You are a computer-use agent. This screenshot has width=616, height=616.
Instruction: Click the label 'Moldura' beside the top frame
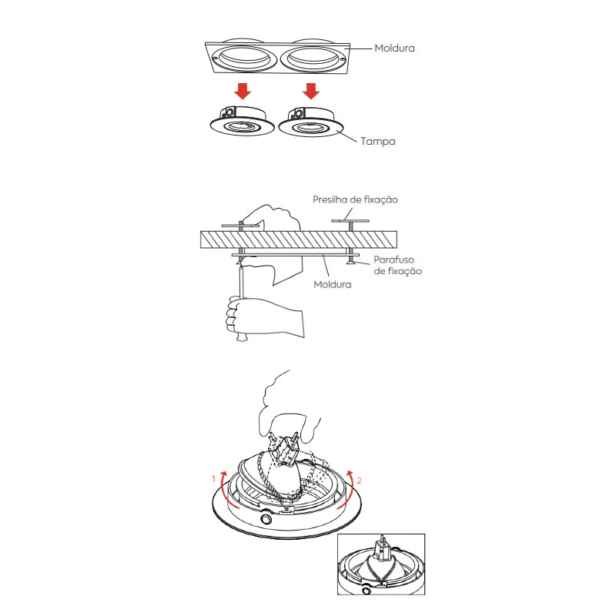(x=394, y=48)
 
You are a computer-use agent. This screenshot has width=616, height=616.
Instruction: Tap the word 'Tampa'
(x=377, y=142)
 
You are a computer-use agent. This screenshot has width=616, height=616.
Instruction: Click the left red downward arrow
(x=243, y=92)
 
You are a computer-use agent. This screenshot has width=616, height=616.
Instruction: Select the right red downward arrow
(x=310, y=92)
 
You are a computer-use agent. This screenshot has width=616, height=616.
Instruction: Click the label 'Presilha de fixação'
(x=355, y=199)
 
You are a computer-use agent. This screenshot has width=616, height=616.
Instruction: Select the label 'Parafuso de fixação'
(x=397, y=266)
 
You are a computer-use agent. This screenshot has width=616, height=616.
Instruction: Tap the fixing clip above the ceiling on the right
(x=350, y=221)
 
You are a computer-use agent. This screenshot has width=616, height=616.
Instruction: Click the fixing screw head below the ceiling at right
(x=352, y=263)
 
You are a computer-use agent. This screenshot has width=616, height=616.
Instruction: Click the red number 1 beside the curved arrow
(x=213, y=478)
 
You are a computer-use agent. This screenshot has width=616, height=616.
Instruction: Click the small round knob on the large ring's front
(x=266, y=521)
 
